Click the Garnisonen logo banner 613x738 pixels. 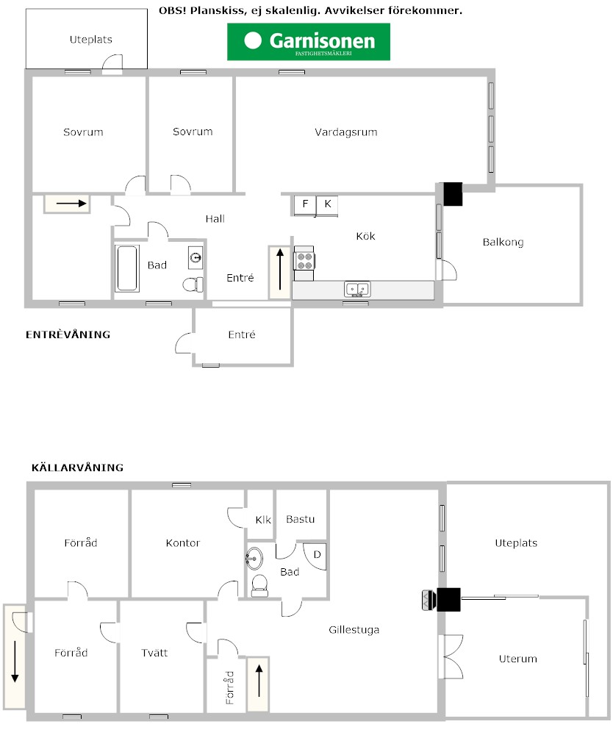pyautogui.click(x=309, y=42)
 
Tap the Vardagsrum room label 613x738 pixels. pyautogui.click(x=345, y=132)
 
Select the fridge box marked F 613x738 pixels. pyautogui.click(x=305, y=205)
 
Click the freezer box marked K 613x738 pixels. pyautogui.click(x=327, y=205)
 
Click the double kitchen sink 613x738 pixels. pyautogui.click(x=357, y=289)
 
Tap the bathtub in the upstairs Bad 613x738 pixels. pyautogui.click(x=127, y=268)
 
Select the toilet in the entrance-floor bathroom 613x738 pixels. pyautogui.click(x=193, y=284)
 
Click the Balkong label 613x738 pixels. pyautogui.click(x=503, y=243)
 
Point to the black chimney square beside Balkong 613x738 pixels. pyautogui.click(x=453, y=194)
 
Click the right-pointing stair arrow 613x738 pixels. pyautogui.click(x=71, y=204)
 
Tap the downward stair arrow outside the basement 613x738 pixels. pyautogui.click(x=15, y=662)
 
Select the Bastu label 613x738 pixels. pyautogui.click(x=300, y=519)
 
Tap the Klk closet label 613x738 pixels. pyautogui.click(x=263, y=520)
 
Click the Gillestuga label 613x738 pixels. pyautogui.click(x=354, y=630)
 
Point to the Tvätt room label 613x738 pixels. pyautogui.click(x=154, y=653)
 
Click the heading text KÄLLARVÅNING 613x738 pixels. pyautogui.click(x=77, y=467)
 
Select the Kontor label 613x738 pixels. pyautogui.click(x=182, y=543)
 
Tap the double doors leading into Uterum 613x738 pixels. pyautogui.click(x=451, y=656)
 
